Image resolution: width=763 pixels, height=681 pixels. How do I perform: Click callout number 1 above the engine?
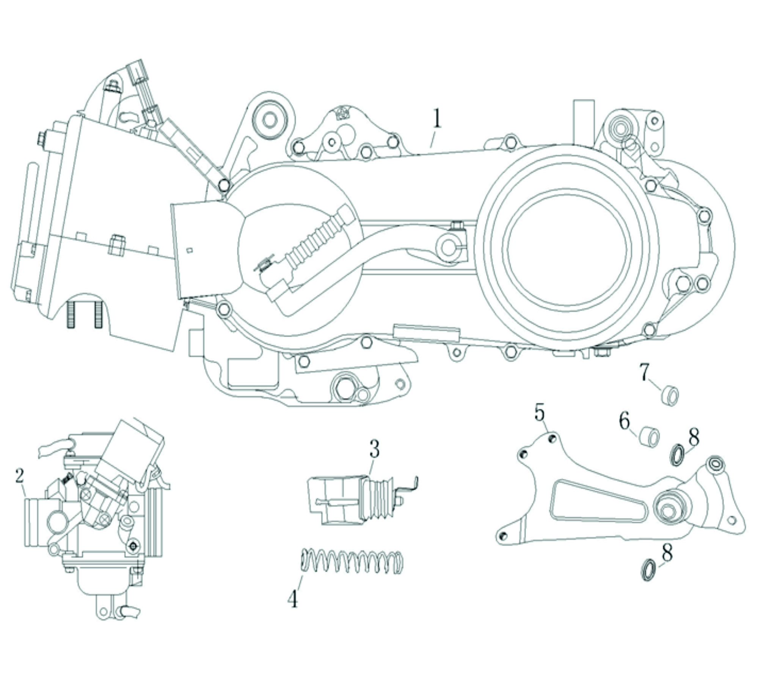tap(437, 119)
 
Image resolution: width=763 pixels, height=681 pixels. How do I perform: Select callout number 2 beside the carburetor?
tap(20, 476)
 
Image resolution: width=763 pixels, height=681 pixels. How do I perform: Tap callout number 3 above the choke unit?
tap(374, 449)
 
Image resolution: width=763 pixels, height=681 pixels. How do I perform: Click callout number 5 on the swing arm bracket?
tap(539, 413)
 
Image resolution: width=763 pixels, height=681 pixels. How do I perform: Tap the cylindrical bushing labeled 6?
tap(650, 437)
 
